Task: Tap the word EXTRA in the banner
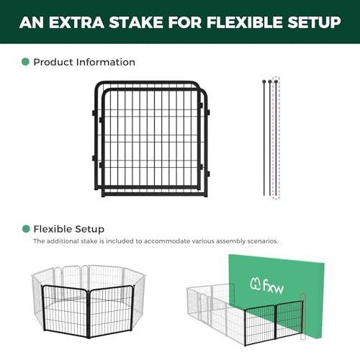(76, 22)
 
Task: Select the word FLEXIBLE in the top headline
(245, 22)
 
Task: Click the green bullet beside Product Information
(25, 62)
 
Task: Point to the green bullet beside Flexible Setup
(26, 229)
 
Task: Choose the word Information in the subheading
(106, 62)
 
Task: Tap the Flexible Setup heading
(69, 229)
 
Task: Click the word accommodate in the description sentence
(167, 241)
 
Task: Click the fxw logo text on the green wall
(273, 287)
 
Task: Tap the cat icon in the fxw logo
(255, 284)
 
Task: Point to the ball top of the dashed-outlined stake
(276, 81)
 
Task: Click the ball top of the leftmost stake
(264, 81)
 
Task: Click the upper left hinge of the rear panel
(94, 113)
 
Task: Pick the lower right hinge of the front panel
(208, 174)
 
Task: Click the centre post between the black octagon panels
(89, 314)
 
